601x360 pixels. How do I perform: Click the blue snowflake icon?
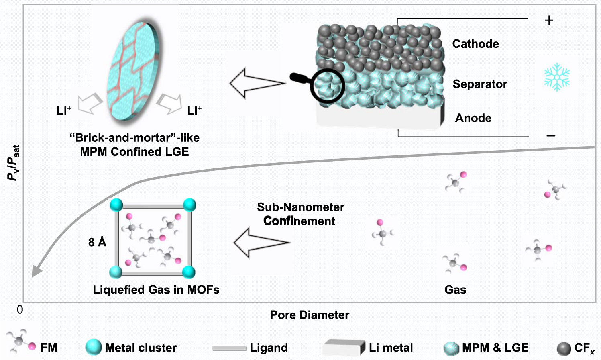click(557, 77)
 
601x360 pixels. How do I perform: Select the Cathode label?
click(475, 44)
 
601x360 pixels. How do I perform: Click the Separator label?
click(480, 84)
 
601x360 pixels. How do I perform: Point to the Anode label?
click(473, 118)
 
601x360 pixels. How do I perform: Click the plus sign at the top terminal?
click(549, 20)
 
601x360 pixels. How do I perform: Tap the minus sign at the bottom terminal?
click(551, 136)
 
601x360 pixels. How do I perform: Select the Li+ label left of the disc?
click(64, 110)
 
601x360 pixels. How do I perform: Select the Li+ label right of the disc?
click(194, 110)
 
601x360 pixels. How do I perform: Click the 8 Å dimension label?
click(97, 242)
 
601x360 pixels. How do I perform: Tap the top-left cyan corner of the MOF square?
click(116, 205)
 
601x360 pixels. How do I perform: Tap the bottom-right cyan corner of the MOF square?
click(189, 272)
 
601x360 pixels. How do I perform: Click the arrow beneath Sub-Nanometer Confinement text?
click(261, 243)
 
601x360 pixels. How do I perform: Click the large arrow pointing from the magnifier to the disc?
click(257, 84)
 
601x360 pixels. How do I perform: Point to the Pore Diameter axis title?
click(310, 315)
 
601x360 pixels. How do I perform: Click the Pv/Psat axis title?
click(14, 163)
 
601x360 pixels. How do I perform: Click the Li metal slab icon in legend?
click(344, 348)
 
